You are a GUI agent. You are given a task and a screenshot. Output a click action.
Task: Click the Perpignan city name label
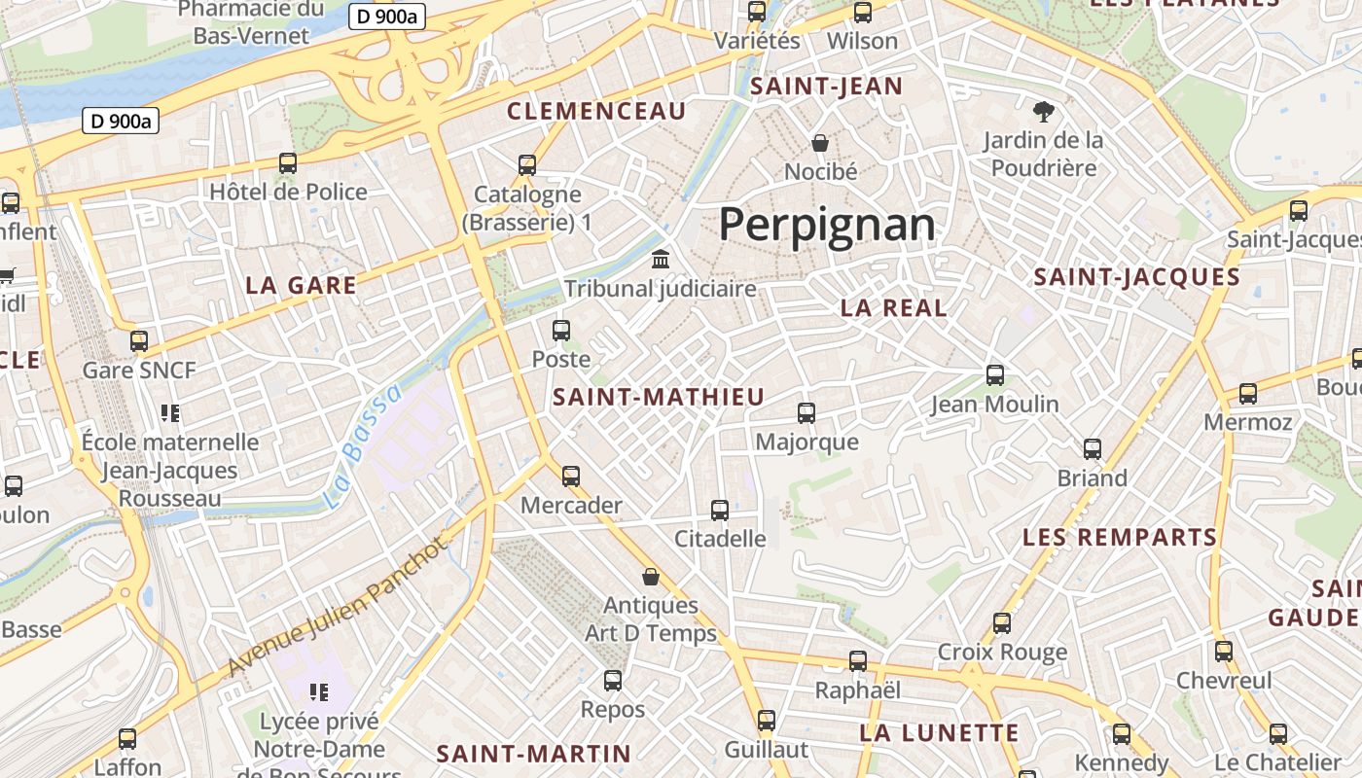tap(827, 225)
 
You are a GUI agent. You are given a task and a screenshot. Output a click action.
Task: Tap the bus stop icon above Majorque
tap(806, 413)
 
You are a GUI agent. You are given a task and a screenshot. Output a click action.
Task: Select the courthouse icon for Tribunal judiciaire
tap(661, 260)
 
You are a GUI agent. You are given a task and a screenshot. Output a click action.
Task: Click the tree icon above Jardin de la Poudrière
tap(1044, 112)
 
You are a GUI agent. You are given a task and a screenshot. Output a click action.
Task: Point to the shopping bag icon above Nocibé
tap(820, 144)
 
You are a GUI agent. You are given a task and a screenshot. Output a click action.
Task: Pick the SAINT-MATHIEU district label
tap(659, 397)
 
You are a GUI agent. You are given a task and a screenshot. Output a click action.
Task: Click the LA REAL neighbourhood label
tap(893, 308)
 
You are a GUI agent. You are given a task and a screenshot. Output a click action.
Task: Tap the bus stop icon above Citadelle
tap(720, 511)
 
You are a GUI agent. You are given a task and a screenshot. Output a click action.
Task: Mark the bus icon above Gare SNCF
tap(139, 341)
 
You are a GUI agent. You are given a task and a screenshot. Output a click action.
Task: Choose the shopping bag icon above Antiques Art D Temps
tap(651, 577)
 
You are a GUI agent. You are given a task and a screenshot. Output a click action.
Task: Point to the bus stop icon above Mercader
tap(571, 477)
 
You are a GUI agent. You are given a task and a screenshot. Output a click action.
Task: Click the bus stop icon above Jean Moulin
tap(994, 375)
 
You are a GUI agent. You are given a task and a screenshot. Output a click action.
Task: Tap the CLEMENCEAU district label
tap(596, 111)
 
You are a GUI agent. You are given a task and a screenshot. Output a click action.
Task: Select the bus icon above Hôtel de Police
tap(288, 163)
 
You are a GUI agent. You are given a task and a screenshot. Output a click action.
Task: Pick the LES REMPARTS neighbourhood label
tap(1106, 537)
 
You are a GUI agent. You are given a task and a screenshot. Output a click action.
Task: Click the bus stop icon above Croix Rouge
tap(1002, 623)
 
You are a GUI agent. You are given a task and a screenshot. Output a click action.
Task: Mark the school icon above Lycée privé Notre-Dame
tap(318, 692)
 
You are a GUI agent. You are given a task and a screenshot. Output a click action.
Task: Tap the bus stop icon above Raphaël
tap(858, 661)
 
